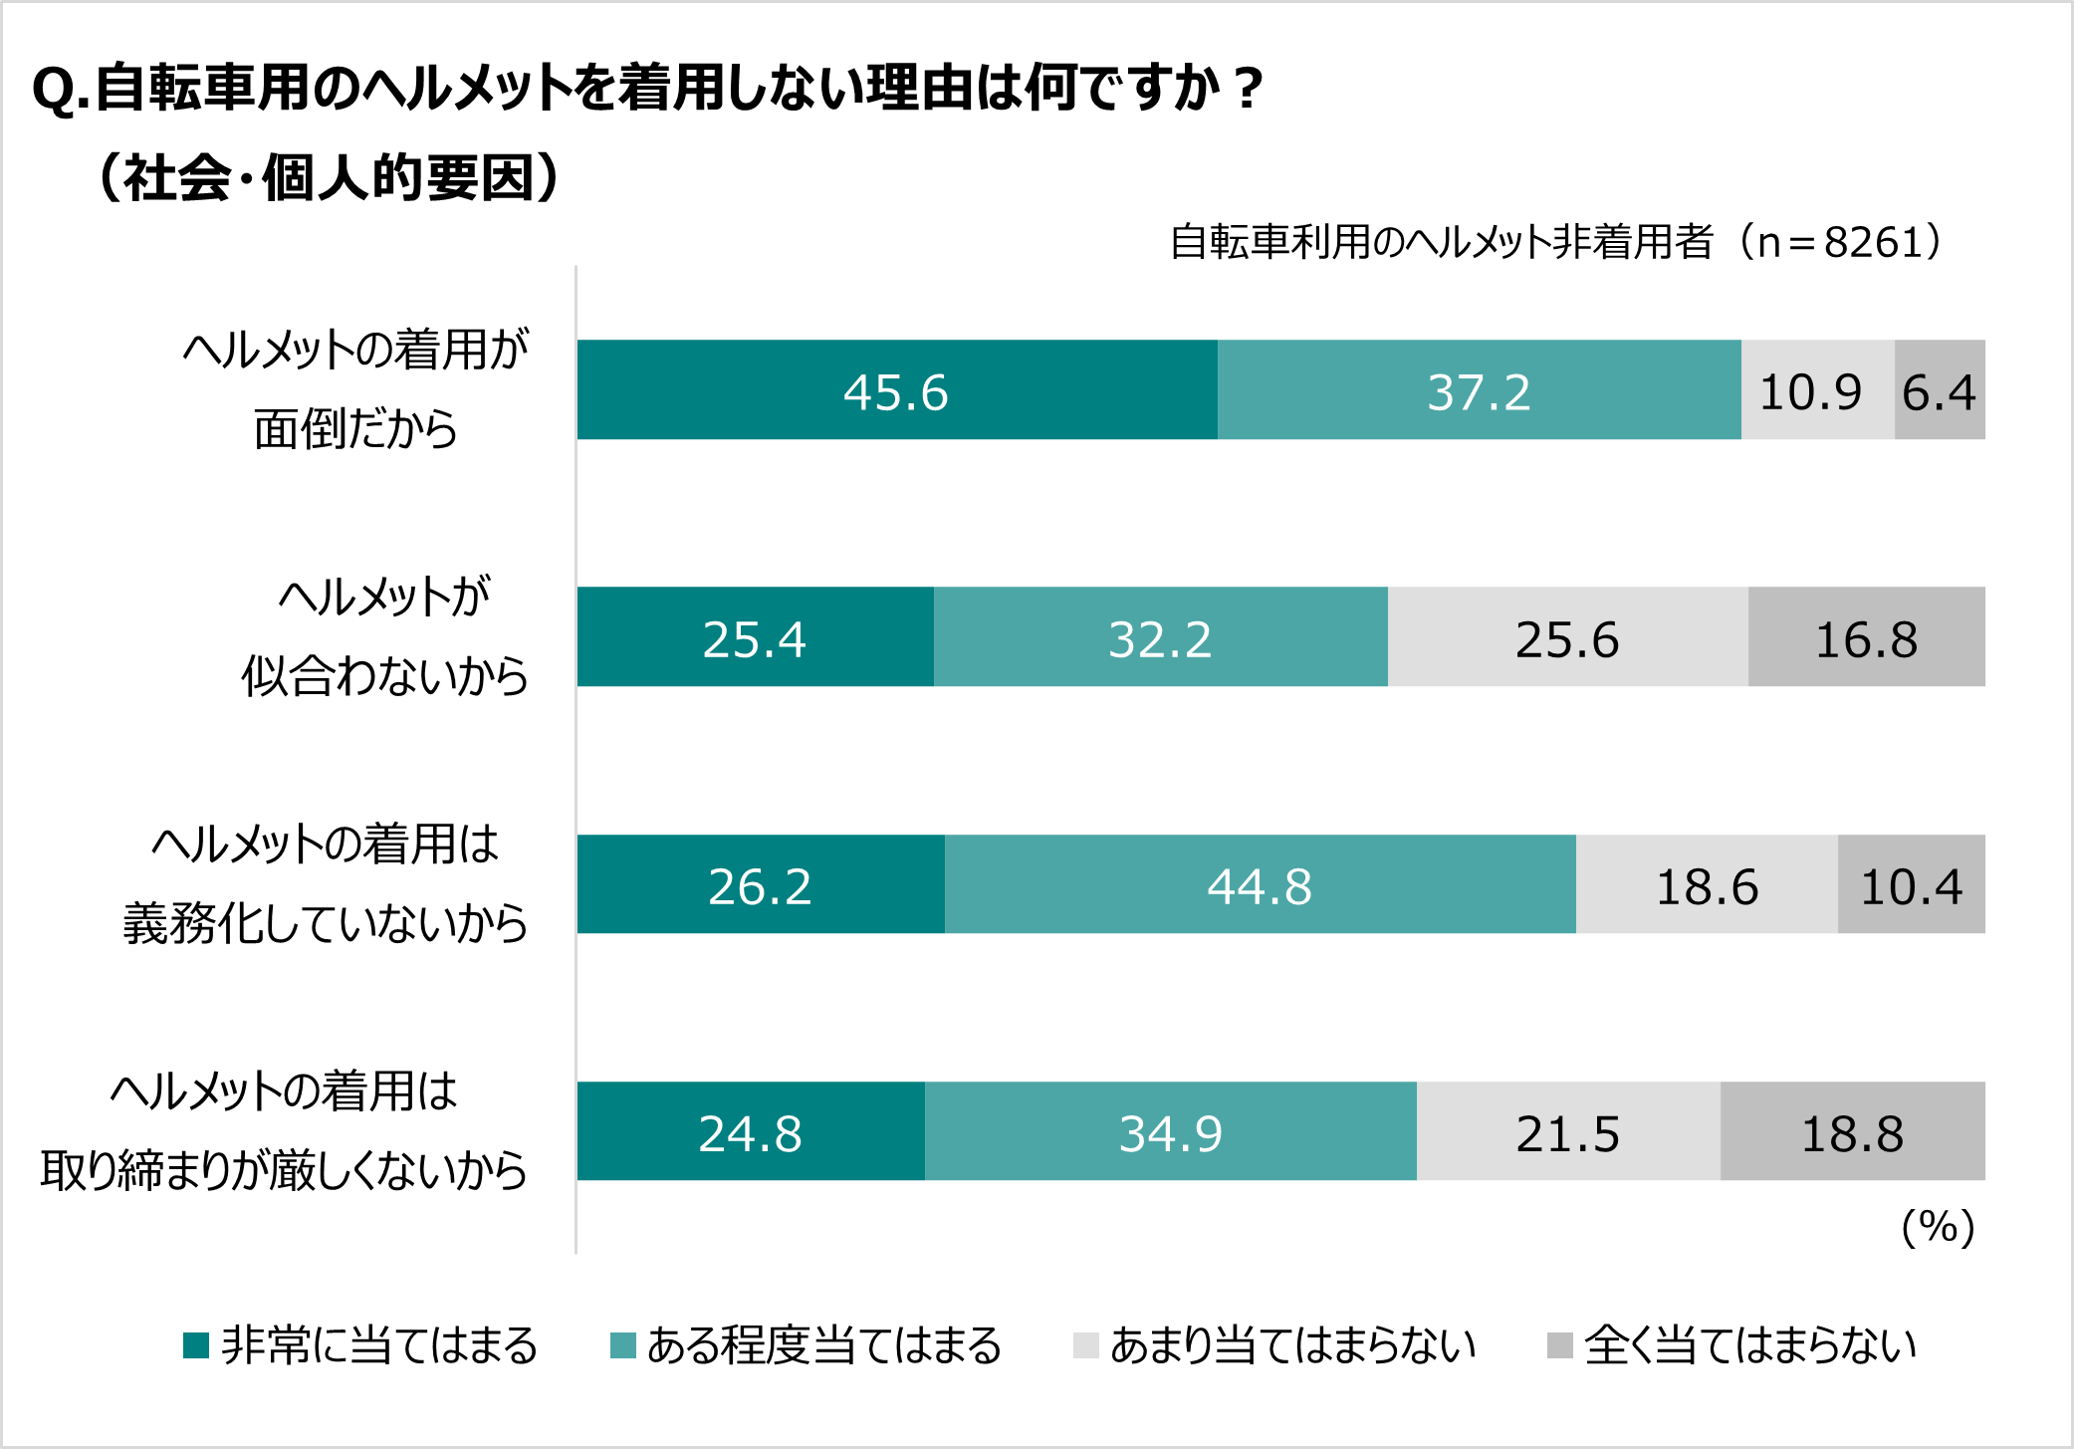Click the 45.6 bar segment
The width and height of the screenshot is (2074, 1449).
pos(896,390)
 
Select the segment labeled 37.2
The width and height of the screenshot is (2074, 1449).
pos(1479,390)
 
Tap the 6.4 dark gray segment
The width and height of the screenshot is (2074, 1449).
pos(1939,390)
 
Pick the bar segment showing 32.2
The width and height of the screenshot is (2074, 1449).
pos(1160,637)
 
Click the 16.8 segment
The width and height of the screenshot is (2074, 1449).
pos(1866,637)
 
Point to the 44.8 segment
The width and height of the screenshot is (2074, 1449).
pos(1260,884)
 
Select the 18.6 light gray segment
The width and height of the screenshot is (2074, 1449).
pos(1707,884)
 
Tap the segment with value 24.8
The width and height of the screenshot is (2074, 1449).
pos(750,1131)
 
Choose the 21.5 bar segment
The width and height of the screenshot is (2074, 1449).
pos(1568,1131)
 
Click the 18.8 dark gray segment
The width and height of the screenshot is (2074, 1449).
pos(1852,1131)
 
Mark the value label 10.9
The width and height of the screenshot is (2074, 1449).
pos(1810,392)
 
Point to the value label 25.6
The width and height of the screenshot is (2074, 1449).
pos(1567,639)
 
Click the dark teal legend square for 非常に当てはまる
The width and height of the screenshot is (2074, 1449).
pos(196,1345)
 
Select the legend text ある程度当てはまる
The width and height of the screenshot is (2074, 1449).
pos(824,1345)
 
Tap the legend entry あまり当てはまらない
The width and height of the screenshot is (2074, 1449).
pos(1292,1345)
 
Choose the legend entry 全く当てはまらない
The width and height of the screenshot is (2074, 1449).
pos(1749,1345)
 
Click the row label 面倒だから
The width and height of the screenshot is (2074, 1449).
pos(355,429)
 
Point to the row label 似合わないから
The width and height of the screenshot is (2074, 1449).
pos(384,676)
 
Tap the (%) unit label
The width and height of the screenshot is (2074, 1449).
pos(1938,1227)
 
